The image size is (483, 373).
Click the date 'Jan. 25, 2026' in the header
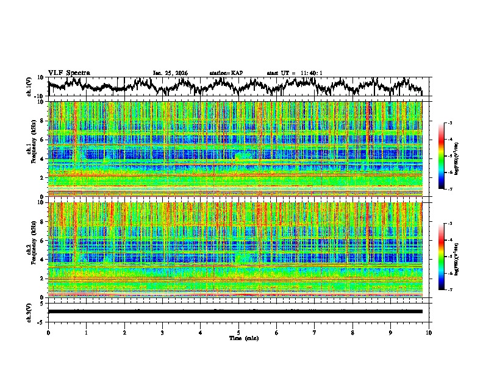170,73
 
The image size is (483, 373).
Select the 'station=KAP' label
226,73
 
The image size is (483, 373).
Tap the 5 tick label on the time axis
238,332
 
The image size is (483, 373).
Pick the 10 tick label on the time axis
429,332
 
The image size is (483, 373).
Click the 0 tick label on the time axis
48,332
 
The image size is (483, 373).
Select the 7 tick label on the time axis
315,332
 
